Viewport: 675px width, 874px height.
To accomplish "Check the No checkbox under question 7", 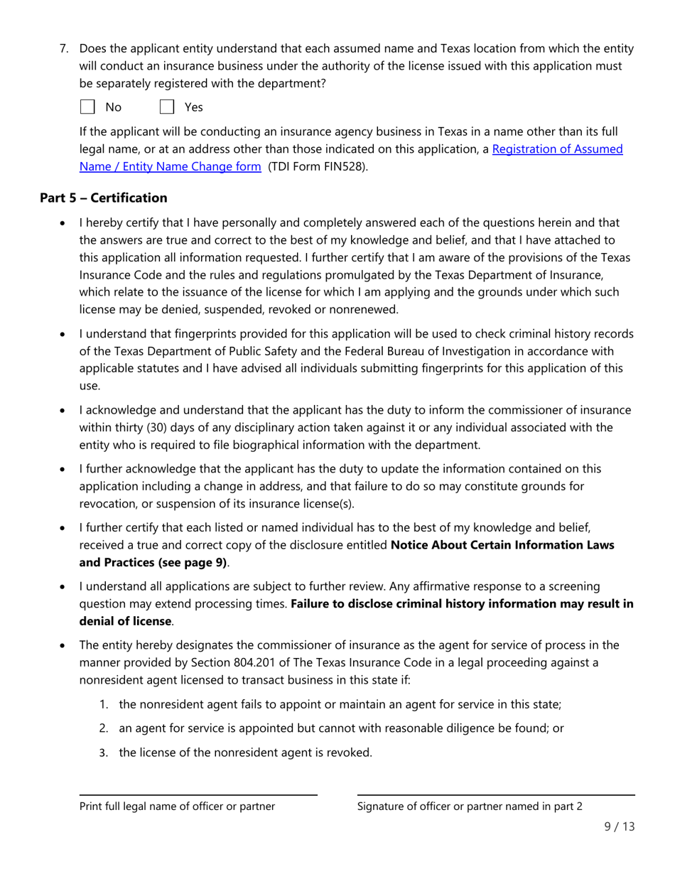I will coord(87,107).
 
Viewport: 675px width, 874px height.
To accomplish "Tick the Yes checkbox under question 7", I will coord(167,107).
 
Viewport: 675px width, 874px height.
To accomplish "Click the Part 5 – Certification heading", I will coord(104,198).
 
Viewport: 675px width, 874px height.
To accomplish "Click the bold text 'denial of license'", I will coord(125,621).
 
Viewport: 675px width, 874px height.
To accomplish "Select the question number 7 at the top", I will coord(63,49).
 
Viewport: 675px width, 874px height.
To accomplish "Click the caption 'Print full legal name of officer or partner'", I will coord(177,806).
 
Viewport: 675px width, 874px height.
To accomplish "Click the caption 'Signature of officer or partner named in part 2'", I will coord(470,806).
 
